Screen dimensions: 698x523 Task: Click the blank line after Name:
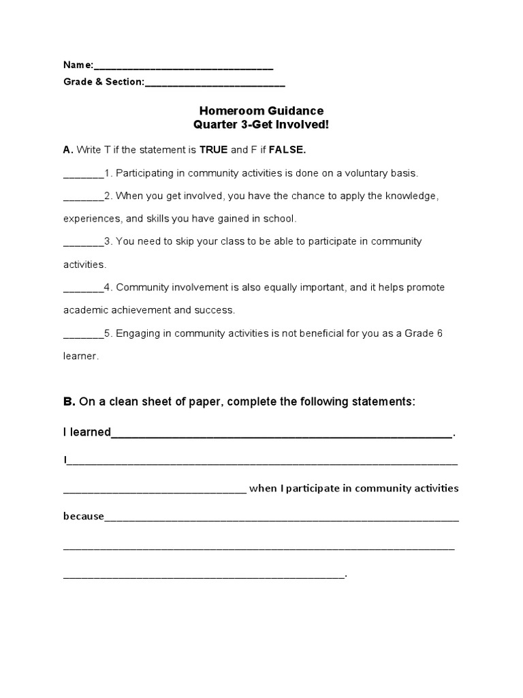[x=183, y=67]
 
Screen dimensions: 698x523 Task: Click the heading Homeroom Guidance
[x=261, y=110]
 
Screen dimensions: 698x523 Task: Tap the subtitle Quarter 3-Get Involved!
[x=261, y=125]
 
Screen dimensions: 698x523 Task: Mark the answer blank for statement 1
[x=83, y=173]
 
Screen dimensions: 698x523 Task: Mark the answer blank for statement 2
[x=83, y=196]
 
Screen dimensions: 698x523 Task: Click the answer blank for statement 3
[x=83, y=242]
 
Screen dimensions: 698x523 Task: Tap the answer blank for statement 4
[x=83, y=288]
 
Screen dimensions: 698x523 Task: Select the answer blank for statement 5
[x=83, y=333]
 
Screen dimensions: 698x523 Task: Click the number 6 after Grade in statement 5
[x=441, y=333]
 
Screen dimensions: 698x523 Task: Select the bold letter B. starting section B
[x=69, y=402]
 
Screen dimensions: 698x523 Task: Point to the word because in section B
[x=84, y=516]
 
